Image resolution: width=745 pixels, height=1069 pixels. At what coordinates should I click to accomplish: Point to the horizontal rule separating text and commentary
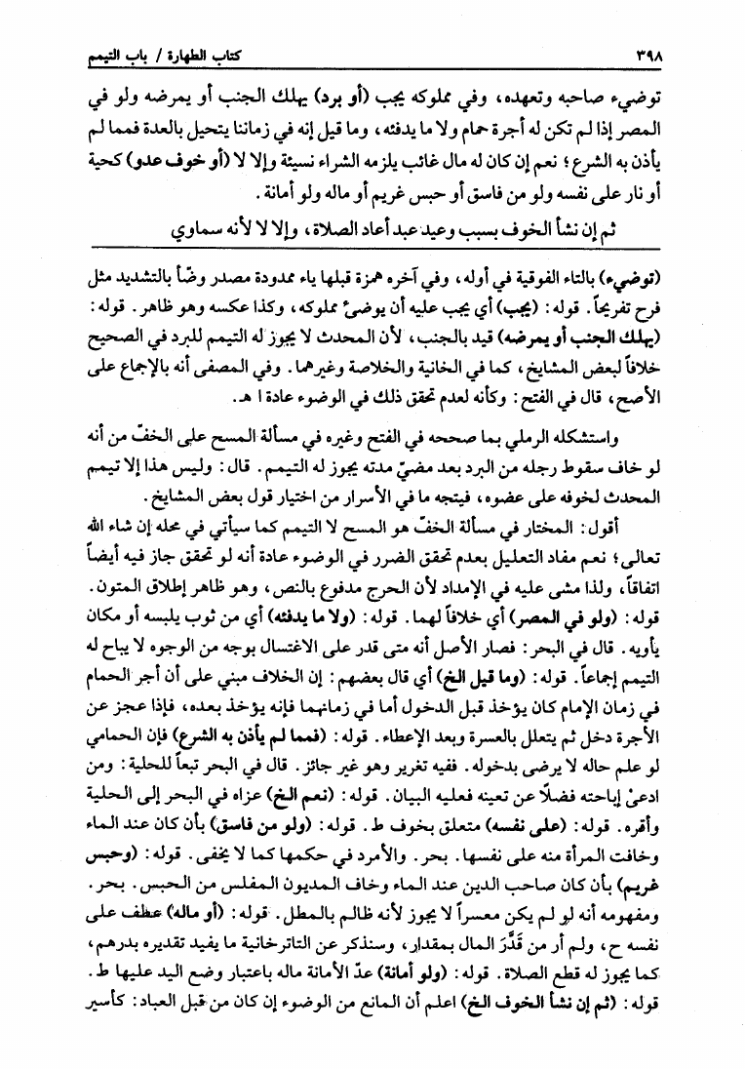tap(372, 250)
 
